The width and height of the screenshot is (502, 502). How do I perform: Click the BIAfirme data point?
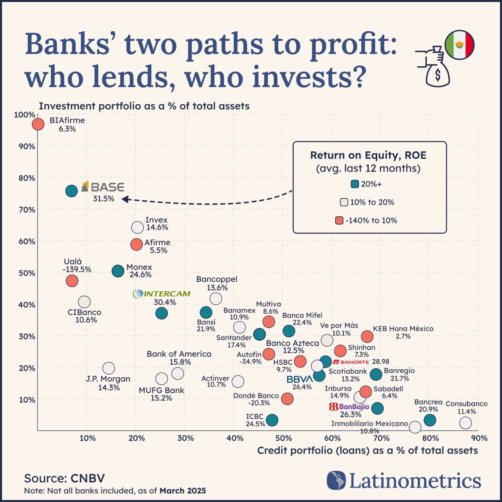[x=38, y=124]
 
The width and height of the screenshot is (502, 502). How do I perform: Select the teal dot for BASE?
[x=71, y=191]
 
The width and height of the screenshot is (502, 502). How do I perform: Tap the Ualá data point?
[x=72, y=281]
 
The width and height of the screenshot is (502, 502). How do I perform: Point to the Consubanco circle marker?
[x=466, y=423]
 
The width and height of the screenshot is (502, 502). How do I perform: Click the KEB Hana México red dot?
[x=367, y=336]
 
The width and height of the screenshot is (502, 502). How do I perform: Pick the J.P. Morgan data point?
[x=109, y=368]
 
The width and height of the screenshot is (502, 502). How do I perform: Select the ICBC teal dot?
[x=272, y=420]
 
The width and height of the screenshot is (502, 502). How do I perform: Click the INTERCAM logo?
[x=162, y=294]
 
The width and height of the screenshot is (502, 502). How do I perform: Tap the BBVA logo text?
[x=300, y=379]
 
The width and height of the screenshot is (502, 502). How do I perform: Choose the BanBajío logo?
[x=349, y=407]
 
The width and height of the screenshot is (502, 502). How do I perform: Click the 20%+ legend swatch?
[x=355, y=184]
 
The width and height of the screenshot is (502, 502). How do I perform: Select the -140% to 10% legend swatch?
[x=339, y=220]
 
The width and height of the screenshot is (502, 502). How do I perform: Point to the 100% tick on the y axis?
[x=24, y=115]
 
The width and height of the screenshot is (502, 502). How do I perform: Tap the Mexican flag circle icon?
[x=460, y=45]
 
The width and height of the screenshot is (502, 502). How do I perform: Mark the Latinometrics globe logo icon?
[x=336, y=480]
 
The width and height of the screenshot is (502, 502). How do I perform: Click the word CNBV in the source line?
[x=87, y=478]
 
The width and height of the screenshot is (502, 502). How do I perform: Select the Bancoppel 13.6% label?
[x=217, y=283]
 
